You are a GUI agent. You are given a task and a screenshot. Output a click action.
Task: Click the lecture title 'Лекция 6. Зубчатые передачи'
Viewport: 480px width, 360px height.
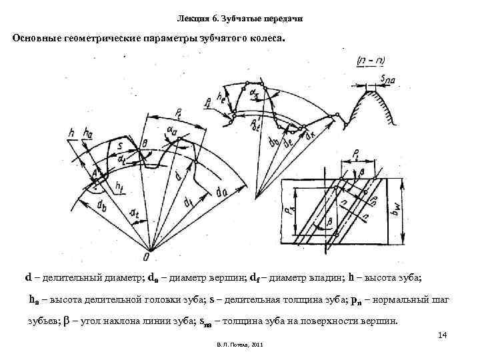tap(241, 18)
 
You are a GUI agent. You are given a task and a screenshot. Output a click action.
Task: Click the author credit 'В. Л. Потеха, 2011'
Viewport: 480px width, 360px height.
tap(240, 345)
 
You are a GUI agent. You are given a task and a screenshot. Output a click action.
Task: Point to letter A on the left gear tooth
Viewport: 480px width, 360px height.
tap(96, 175)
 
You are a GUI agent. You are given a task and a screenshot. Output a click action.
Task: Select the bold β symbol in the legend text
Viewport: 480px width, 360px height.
tap(64, 321)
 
